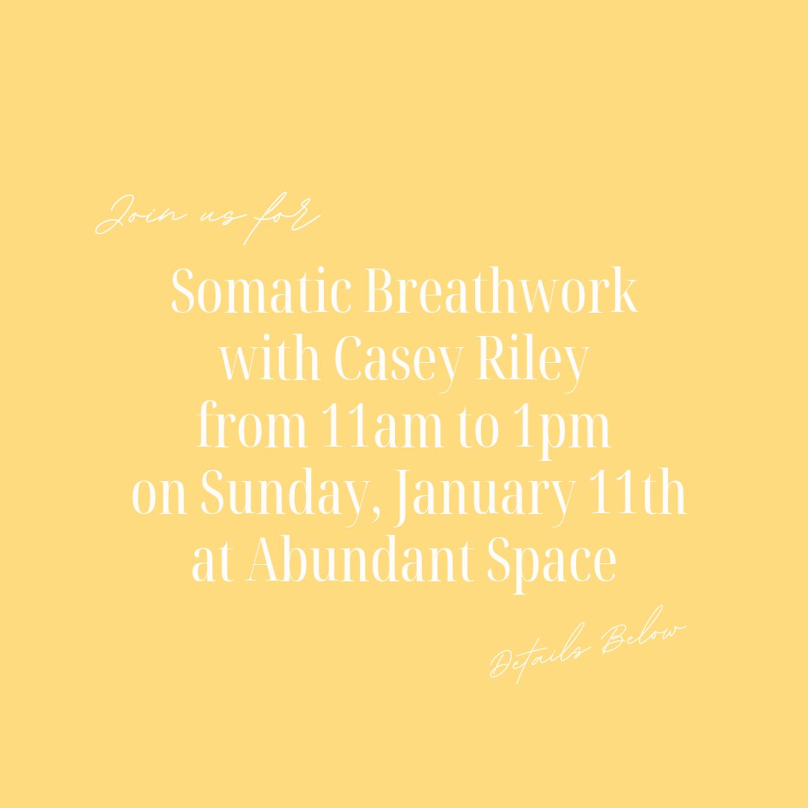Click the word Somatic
click(261, 292)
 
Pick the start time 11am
click(375, 428)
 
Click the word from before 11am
click(251, 428)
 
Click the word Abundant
click(361, 562)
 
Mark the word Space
click(551, 563)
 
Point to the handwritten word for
click(281, 217)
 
